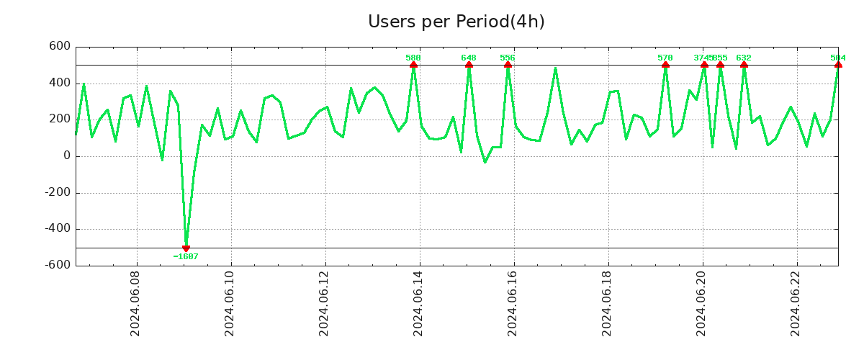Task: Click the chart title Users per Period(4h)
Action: tap(456, 22)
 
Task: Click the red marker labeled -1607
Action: tap(186, 248)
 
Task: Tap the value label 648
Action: tap(469, 58)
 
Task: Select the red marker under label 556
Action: tap(508, 65)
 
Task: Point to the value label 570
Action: tap(665, 58)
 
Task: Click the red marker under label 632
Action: tap(744, 65)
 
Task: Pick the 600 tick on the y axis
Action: tap(59, 47)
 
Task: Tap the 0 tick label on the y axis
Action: tap(67, 156)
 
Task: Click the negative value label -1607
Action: tap(186, 256)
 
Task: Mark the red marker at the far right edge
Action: tap(838, 65)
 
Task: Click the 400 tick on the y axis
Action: tap(59, 83)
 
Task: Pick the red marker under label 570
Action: tap(665, 65)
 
